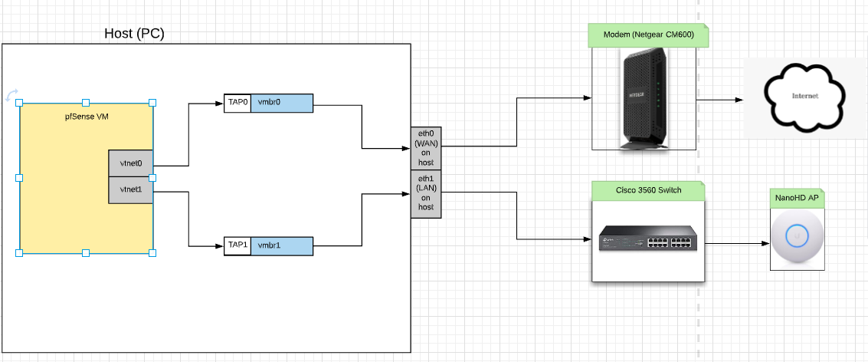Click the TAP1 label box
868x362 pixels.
tap(237, 245)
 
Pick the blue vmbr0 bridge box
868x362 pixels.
tap(282, 103)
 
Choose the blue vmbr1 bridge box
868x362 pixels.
tap(282, 245)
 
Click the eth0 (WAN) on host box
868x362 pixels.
tap(426, 147)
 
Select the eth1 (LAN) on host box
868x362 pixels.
tap(426, 193)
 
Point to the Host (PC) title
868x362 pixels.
tap(134, 34)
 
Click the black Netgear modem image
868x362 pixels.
tap(643, 97)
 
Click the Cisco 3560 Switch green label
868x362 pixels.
tap(647, 189)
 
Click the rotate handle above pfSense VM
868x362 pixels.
tap(11, 94)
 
